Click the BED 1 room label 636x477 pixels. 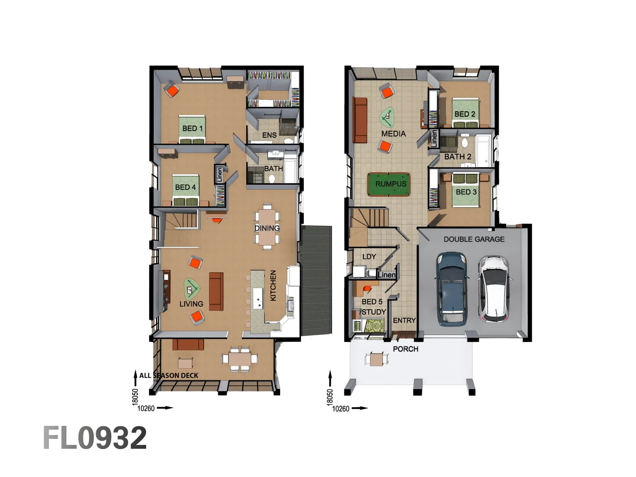(x=192, y=129)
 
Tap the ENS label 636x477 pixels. (x=269, y=135)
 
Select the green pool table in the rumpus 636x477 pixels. (x=389, y=184)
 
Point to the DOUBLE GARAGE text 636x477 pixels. (x=474, y=239)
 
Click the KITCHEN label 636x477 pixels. (x=273, y=286)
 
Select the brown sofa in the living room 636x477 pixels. (x=216, y=291)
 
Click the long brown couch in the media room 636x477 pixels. (x=360, y=120)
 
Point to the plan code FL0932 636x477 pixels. (x=95, y=438)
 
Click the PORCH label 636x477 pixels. (x=405, y=349)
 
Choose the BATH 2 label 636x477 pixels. (x=458, y=157)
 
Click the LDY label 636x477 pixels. (x=369, y=257)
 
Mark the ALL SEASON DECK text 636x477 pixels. (x=169, y=375)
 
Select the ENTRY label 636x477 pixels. (x=404, y=321)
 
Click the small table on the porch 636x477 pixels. (x=376, y=359)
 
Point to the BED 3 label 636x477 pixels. (x=466, y=192)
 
